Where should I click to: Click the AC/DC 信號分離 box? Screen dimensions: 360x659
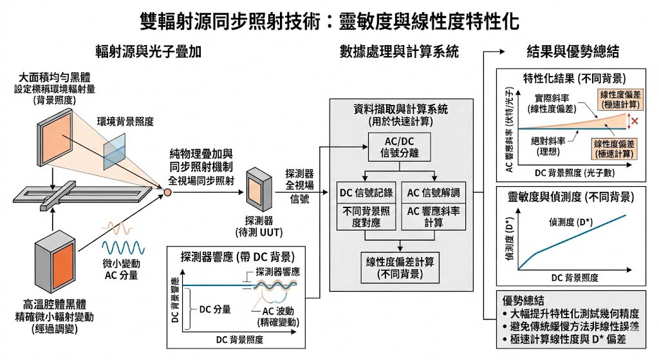399,148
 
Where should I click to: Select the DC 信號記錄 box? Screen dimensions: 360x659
365,193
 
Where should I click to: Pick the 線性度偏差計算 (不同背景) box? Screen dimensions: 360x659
400,267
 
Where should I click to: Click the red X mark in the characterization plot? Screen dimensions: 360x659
635,121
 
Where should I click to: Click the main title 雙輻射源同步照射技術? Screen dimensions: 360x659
329,23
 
